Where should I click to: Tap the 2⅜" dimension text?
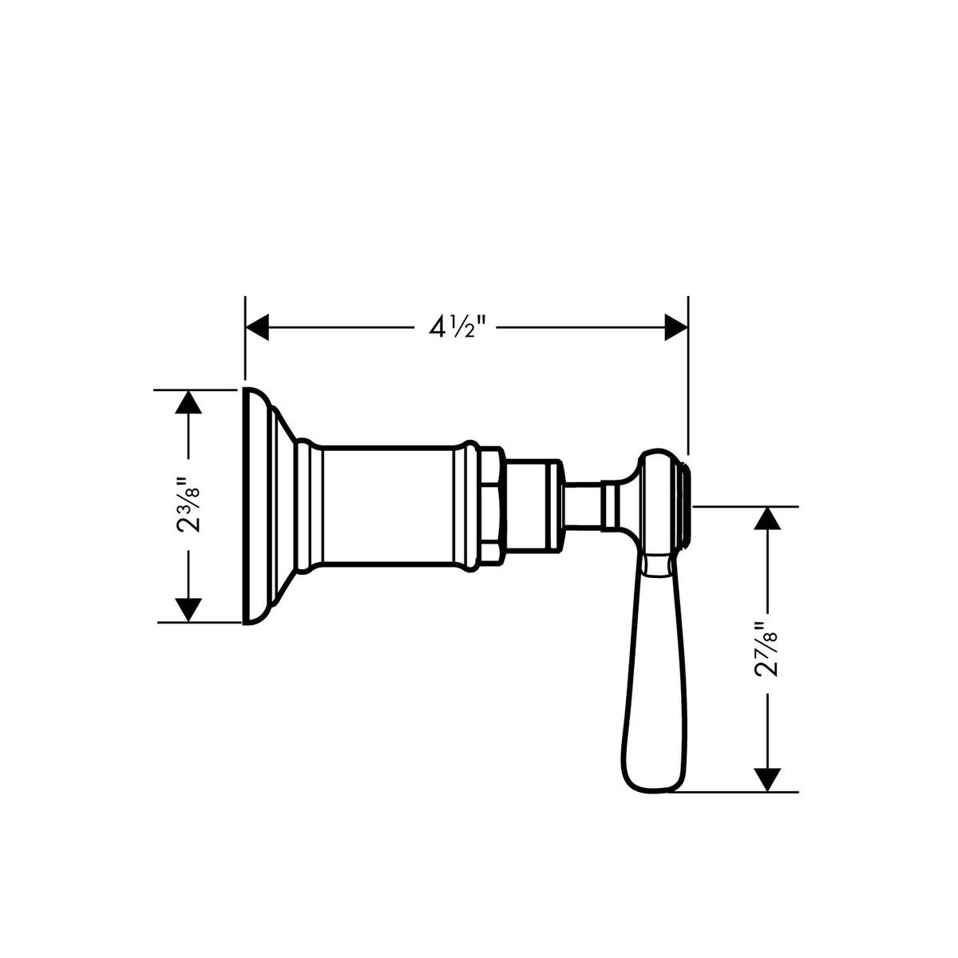(x=189, y=505)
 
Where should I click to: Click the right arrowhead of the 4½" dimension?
(x=676, y=327)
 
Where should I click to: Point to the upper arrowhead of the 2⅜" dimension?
(x=188, y=401)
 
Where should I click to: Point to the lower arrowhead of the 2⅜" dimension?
(x=188, y=610)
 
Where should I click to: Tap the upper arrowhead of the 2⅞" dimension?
(x=767, y=518)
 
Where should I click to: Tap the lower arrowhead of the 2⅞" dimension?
(x=767, y=780)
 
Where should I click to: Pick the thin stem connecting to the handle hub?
(x=583, y=505)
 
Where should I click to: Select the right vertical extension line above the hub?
(x=688, y=375)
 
